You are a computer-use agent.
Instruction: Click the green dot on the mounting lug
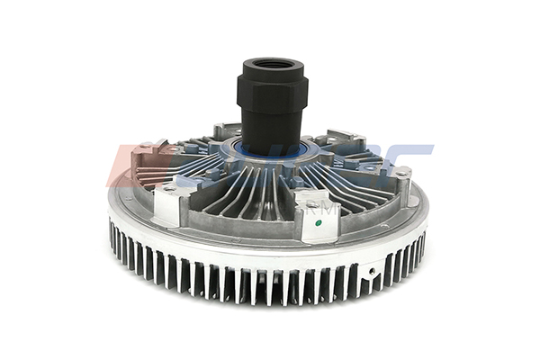point(312,217)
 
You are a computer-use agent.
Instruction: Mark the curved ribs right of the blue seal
point(346,171)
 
